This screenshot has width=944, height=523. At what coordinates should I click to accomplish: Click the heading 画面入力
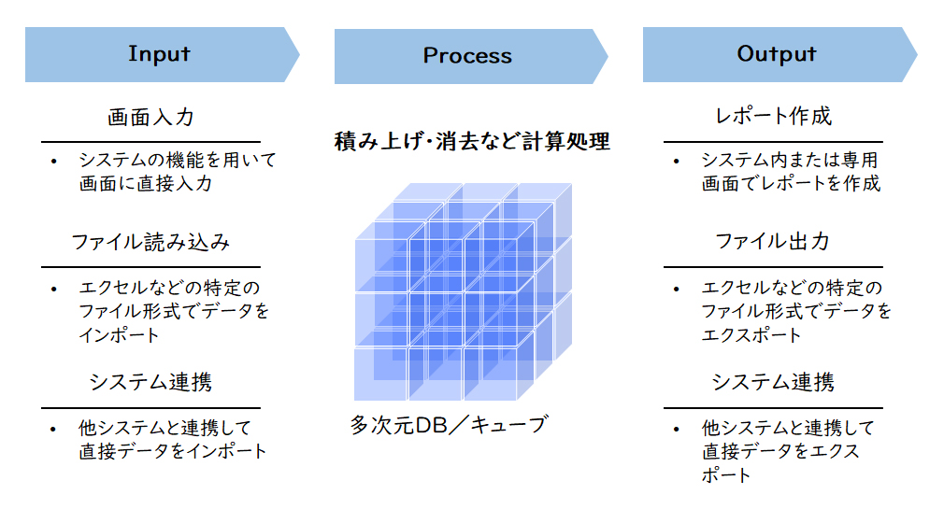[150, 117]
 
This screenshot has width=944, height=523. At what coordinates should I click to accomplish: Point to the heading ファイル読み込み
[150, 242]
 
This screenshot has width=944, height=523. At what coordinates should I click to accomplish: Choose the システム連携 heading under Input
[150, 382]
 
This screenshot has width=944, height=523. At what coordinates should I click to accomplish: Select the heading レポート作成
[773, 116]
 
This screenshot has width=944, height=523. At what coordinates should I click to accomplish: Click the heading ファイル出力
[772, 241]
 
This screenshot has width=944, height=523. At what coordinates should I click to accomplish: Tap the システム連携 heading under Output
[773, 382]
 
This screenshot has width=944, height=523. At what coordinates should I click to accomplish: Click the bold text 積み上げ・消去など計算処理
[472, 141]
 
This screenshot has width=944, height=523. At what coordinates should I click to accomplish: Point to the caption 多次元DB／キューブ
[450, 425]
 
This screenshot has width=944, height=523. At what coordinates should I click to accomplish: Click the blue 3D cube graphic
[463, 292]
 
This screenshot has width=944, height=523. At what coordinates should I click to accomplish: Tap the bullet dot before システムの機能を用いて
[54, 162]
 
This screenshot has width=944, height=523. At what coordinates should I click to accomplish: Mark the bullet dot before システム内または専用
[677, 162]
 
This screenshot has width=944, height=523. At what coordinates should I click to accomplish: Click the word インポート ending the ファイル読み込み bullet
[120, 334]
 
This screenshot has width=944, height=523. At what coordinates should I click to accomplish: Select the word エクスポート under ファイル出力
[751, 334]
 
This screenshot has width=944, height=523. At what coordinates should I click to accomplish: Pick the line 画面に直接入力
[145, 183]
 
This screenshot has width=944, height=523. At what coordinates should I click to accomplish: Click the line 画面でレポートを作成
[791, 183]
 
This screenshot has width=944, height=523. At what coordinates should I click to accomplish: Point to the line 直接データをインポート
[172, 451]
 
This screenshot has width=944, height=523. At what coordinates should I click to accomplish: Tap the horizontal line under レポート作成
[773, 142]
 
